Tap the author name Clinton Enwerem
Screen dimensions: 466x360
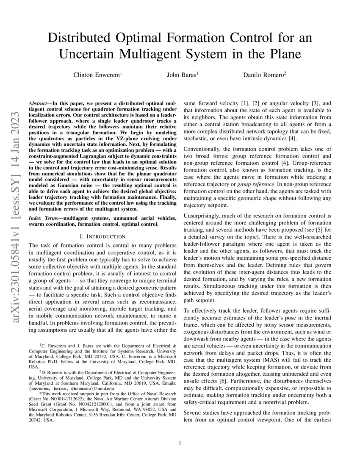click(x=97, y=75)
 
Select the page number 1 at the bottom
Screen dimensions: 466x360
click(x=180, y=444)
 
